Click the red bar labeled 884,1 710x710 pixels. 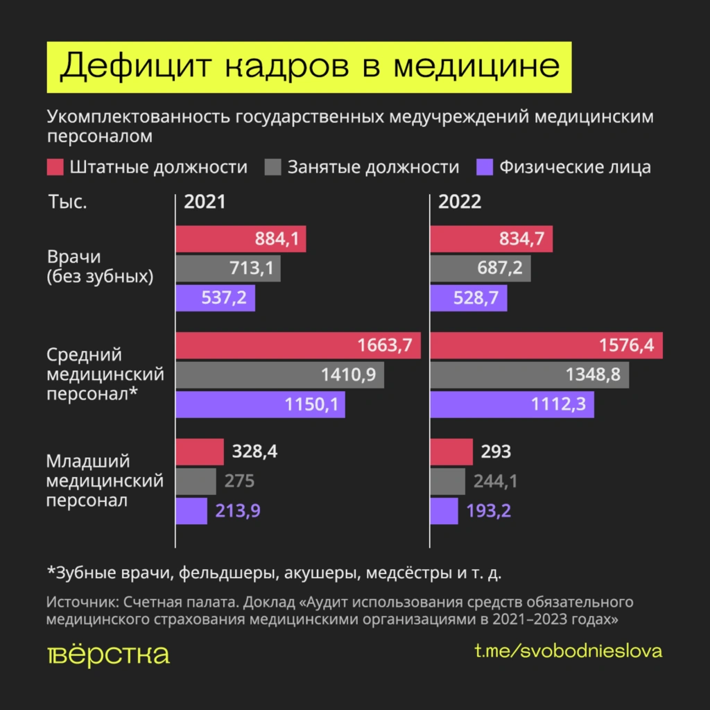241,239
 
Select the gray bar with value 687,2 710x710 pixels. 480,268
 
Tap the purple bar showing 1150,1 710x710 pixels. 260,405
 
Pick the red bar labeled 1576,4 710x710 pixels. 546,345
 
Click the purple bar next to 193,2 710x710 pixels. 444,511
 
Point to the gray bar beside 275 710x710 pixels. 196,481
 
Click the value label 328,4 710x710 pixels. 254,452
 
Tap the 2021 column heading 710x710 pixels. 205,202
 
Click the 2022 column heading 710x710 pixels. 460,202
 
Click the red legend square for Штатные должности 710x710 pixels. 56,167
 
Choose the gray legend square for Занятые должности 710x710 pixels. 274,167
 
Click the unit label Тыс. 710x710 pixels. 68,202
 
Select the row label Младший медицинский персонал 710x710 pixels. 104,480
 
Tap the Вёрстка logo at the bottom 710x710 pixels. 107,654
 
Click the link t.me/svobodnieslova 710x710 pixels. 568,652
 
